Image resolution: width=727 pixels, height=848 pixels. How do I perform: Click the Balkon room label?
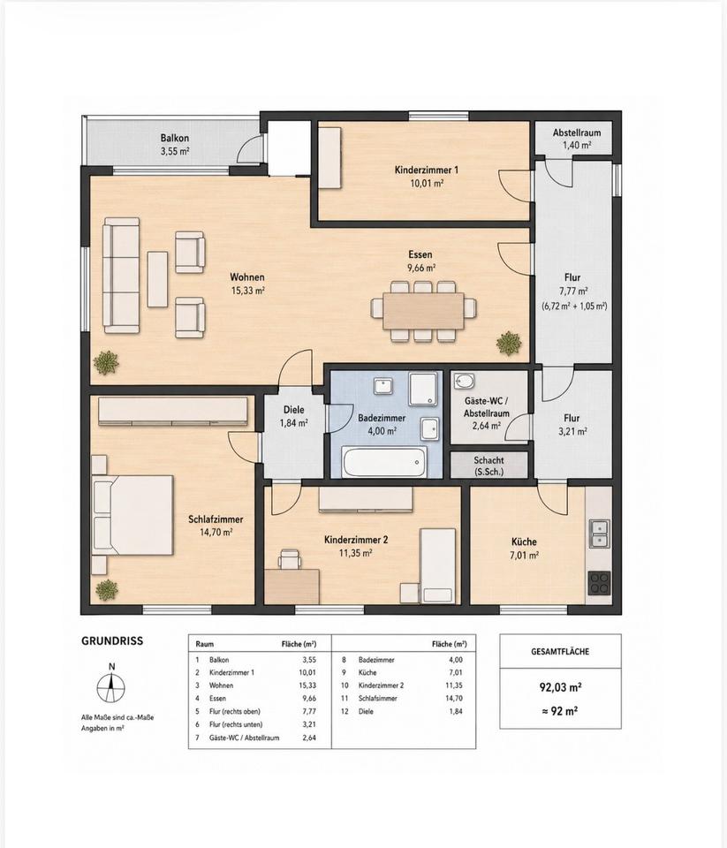tap(175, 144)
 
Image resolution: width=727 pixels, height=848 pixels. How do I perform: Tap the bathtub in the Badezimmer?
tap(384, 462)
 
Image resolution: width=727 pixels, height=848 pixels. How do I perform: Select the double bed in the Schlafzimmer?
tap(133, 515)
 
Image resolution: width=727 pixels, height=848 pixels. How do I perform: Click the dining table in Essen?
tap(423, 311)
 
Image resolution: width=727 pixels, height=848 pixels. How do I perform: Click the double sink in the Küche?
tap(599, 534)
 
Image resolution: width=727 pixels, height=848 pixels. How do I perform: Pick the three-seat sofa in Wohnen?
tap(121, 276)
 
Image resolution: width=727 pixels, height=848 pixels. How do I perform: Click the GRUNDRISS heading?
tap(112, 641)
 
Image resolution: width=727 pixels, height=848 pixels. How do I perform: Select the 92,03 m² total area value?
tap(560, 687)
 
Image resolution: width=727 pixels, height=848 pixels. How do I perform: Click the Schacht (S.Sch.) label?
tap(489, 466)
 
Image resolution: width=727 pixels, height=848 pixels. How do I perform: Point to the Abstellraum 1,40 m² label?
tap(577, 139)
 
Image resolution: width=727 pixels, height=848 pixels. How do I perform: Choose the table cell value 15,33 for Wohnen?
tap(309, 685)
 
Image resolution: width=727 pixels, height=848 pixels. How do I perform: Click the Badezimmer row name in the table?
tap(376, 660)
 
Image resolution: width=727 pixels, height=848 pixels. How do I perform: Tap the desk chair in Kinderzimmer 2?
tap(290, 558)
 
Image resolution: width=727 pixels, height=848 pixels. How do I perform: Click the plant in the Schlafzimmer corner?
tap(107, 590)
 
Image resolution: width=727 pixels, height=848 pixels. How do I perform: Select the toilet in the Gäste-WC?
tap(463, 382)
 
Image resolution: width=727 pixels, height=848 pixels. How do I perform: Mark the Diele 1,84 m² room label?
tap(294, 416)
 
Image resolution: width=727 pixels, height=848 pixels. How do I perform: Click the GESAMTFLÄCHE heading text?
tap(560, 652)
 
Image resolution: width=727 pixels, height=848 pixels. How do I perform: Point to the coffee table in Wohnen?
tap(157, 279)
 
